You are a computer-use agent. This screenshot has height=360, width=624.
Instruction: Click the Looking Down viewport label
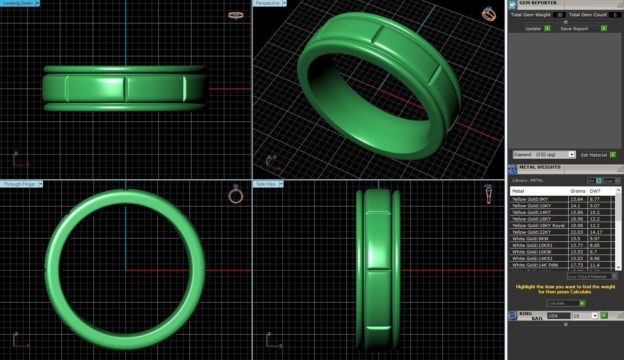point(18,3)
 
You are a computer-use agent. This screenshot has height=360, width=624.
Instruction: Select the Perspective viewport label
point(267,3)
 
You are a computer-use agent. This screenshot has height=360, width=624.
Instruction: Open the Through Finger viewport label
point(19,184)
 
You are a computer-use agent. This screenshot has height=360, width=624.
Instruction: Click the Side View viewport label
point(266,184)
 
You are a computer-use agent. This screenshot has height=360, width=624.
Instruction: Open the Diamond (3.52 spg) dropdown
point(544,155)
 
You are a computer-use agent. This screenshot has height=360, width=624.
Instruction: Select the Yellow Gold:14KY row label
point(531,212)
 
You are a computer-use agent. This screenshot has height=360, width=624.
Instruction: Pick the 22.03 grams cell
point(576,232)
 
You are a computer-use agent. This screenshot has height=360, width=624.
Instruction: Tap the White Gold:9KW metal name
point(530,239)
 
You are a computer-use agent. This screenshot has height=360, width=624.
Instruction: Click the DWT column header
point(595,191)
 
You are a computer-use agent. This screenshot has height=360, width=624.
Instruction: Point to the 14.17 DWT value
point(596,232)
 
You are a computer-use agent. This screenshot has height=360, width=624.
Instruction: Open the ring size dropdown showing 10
point(585,316)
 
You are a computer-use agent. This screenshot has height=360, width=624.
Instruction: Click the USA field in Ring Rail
point(558,316)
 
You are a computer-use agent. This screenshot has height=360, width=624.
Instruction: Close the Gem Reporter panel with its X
point(619,5)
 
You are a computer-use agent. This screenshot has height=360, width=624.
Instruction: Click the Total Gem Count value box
point(615,15)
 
